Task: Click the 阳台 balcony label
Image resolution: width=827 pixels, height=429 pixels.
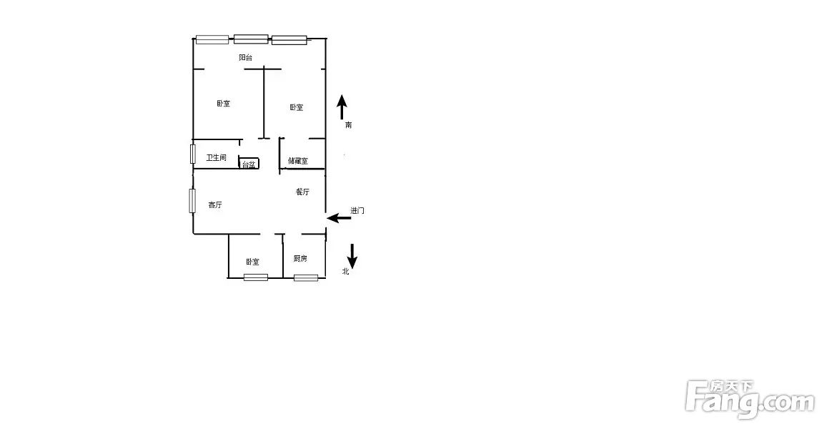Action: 245,57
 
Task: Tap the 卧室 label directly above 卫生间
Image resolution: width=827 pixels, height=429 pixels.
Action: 223,104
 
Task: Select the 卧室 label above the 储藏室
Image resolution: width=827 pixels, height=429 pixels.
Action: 297,107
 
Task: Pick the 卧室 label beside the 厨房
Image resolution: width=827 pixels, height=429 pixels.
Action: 252,262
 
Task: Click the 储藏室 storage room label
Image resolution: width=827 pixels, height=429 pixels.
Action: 298,161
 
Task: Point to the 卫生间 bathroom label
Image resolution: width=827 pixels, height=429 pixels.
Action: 217,157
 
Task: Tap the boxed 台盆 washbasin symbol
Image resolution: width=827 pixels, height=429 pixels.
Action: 249,164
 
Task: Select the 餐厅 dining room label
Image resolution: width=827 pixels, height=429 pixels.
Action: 302,192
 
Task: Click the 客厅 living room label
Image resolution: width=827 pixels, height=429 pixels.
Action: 214,204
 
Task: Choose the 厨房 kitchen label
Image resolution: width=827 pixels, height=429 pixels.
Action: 300,258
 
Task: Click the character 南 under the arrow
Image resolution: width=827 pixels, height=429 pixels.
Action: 348,125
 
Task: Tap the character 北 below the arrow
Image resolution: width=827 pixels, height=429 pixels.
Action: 345,271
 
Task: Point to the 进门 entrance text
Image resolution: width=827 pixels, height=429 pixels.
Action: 357,210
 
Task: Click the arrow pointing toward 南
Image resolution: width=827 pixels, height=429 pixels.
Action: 342,107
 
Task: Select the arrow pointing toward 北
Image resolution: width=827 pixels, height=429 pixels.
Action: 352,257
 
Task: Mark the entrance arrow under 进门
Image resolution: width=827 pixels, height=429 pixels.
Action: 339,217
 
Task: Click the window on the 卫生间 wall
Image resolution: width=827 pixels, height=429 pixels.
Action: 193,154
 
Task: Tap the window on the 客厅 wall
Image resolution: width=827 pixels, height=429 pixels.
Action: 192,200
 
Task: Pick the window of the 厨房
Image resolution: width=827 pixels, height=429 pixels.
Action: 306,277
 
